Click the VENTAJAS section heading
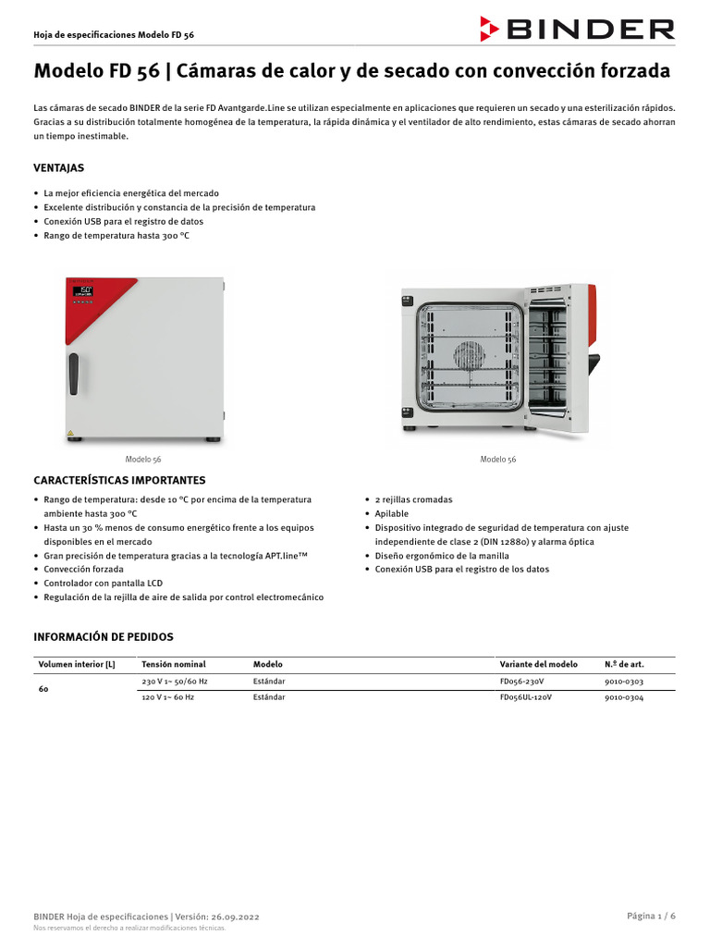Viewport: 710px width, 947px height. (x=59, y=168)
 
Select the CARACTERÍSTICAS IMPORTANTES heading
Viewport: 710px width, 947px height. (x=119, y=480)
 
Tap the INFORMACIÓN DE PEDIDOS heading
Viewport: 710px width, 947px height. (x=103, y=637)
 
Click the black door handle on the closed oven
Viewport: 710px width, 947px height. (x=73, y=374)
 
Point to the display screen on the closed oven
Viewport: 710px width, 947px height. (x=83, y=291)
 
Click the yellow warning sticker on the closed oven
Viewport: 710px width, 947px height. (x=70, y=432)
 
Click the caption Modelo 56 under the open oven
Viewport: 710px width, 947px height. (x=498, y=460)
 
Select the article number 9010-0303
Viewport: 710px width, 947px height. (x=624, y=682)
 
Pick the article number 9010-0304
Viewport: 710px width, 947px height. (x=624, y=697)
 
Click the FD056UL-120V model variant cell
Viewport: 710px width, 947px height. (x=525, y=697)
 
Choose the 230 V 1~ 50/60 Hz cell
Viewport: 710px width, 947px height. (x=175, y=682)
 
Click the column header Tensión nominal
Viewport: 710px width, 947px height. (x=174, y=664)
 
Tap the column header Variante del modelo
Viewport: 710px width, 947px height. (x=538, y=664)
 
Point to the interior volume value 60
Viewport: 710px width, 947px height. (x=44, y=690)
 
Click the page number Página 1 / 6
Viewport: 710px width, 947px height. (x=651, y=916)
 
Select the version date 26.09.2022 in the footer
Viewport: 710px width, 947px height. (x=231, y=916)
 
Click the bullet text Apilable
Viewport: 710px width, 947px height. (x=391, y=513)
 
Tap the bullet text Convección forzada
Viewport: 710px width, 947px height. (x=83, y=570)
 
